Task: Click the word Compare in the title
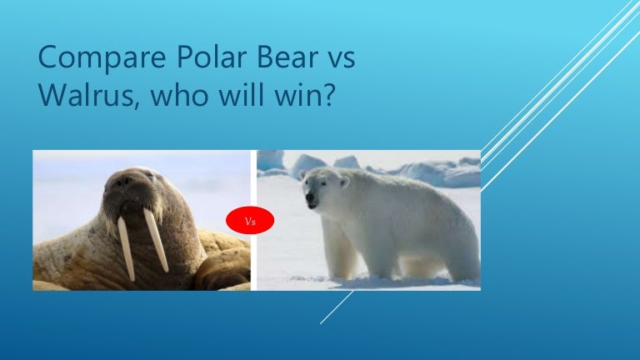tap(102, 58)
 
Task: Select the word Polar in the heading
tap(212, 57)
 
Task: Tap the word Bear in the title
tap(287, 57)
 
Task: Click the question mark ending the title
tap(327, 94)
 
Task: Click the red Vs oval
tap(250, 220)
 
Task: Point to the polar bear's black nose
tap(310, 198)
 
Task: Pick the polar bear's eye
tap(322, 183)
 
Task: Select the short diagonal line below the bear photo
tap(337, 307)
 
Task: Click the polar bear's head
tap(324, 187)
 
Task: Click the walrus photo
tap(142, 220)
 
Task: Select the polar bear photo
tap(368, 220)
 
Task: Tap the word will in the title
tap(241, 94)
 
